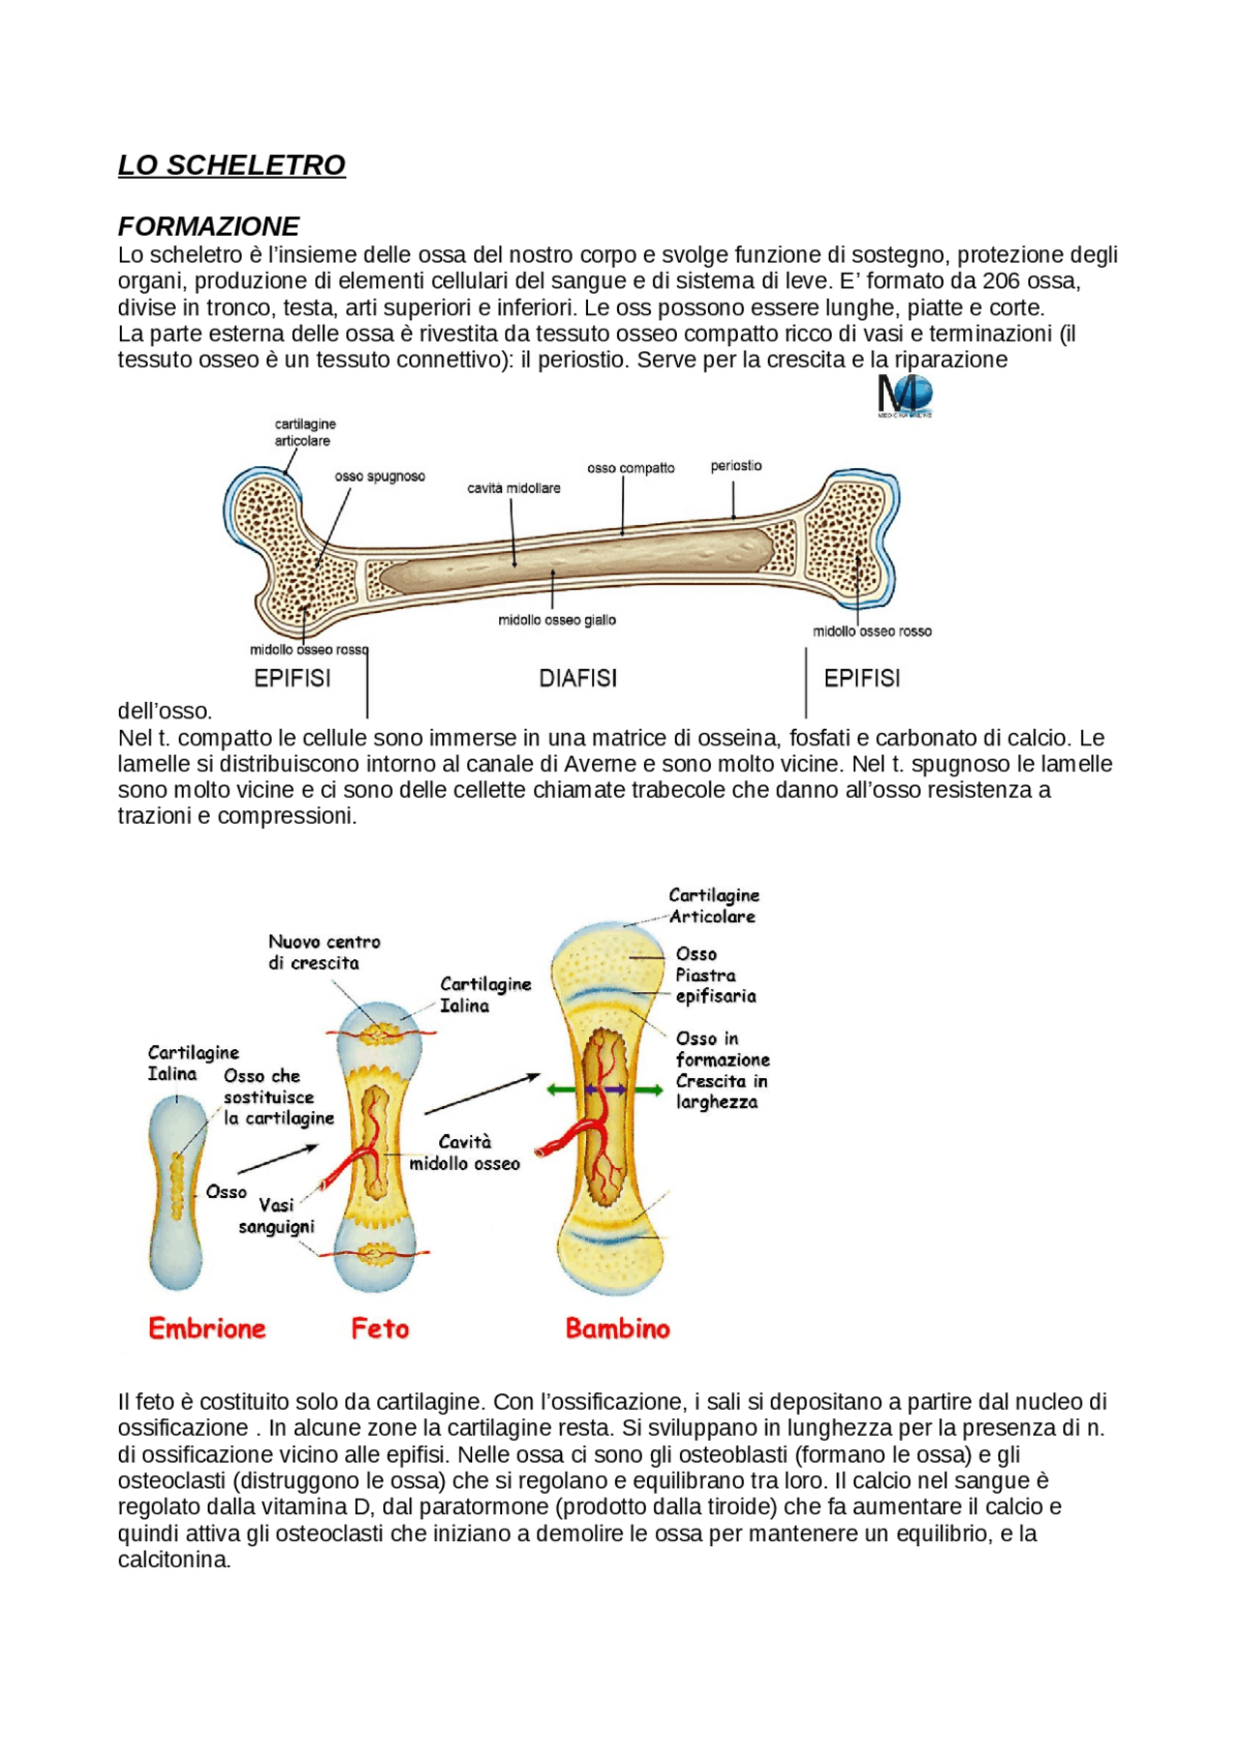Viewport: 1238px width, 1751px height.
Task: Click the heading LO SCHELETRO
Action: [231, 165]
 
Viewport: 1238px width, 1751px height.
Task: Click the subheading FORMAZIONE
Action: [208, 226]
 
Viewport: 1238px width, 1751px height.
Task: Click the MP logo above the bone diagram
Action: [904, 396]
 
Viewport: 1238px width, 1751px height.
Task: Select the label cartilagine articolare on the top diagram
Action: [305, 432]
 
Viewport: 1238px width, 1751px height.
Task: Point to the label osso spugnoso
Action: [380, 477]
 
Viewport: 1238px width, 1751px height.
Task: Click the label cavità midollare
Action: [514, 488]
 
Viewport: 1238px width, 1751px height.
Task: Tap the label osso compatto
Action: [631, 468]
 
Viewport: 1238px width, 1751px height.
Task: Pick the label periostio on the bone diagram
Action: [736, 466]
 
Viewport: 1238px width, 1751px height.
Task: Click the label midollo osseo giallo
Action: [557, 620]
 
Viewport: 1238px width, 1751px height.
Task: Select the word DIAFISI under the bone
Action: [577, 679]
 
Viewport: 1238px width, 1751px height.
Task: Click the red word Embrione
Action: [207, 1328]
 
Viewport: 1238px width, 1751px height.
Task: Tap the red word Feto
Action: [380, 1328]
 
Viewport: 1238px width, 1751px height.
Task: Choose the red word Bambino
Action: [618, 1328]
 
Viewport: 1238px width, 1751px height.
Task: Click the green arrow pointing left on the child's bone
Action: [559, 1090]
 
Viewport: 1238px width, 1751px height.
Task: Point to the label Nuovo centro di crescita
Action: [324, 952]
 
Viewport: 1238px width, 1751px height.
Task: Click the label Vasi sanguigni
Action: [277, 1216]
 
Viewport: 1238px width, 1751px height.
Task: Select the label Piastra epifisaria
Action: [715, 985]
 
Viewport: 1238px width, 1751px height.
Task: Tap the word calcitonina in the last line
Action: [173, 1560]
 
